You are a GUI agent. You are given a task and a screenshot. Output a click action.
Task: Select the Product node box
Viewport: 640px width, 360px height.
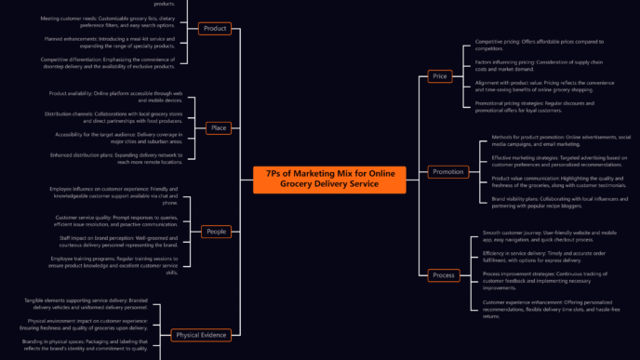click(216, 29)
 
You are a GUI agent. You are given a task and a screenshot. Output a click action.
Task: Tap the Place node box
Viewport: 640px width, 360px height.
click(219, 127)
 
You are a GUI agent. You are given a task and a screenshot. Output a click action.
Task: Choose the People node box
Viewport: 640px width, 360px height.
click(216, 231)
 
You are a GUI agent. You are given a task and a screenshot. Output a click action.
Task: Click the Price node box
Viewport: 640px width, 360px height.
click(440, 75)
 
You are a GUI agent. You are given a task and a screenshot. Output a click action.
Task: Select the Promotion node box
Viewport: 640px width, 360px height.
click(447, 171)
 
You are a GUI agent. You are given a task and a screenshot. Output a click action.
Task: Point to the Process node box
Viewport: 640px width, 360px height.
click(444, 274)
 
